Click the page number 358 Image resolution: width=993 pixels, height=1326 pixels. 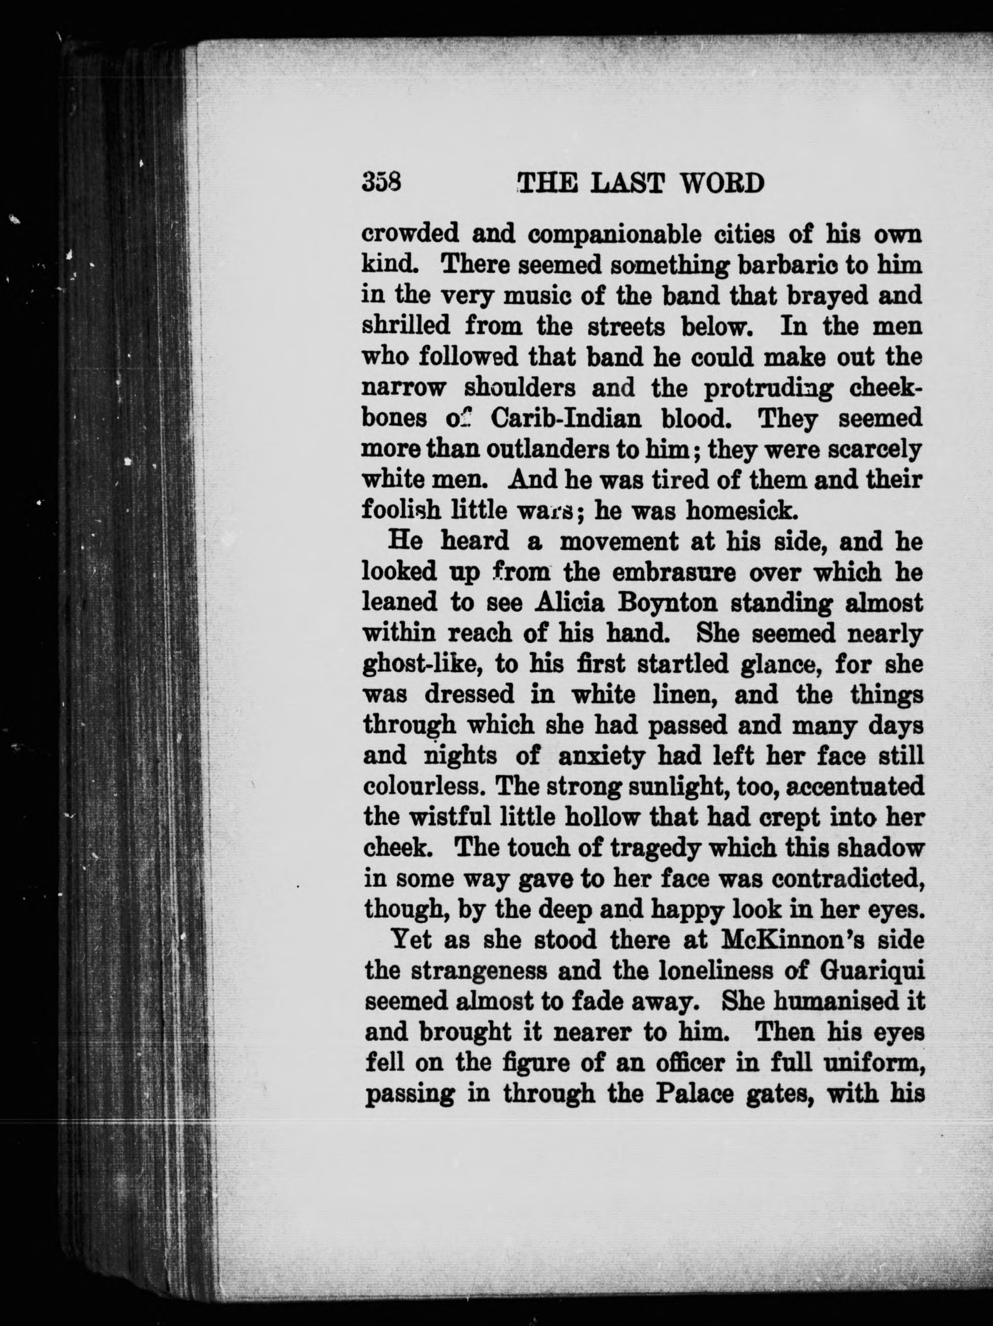tap(382, 182)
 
